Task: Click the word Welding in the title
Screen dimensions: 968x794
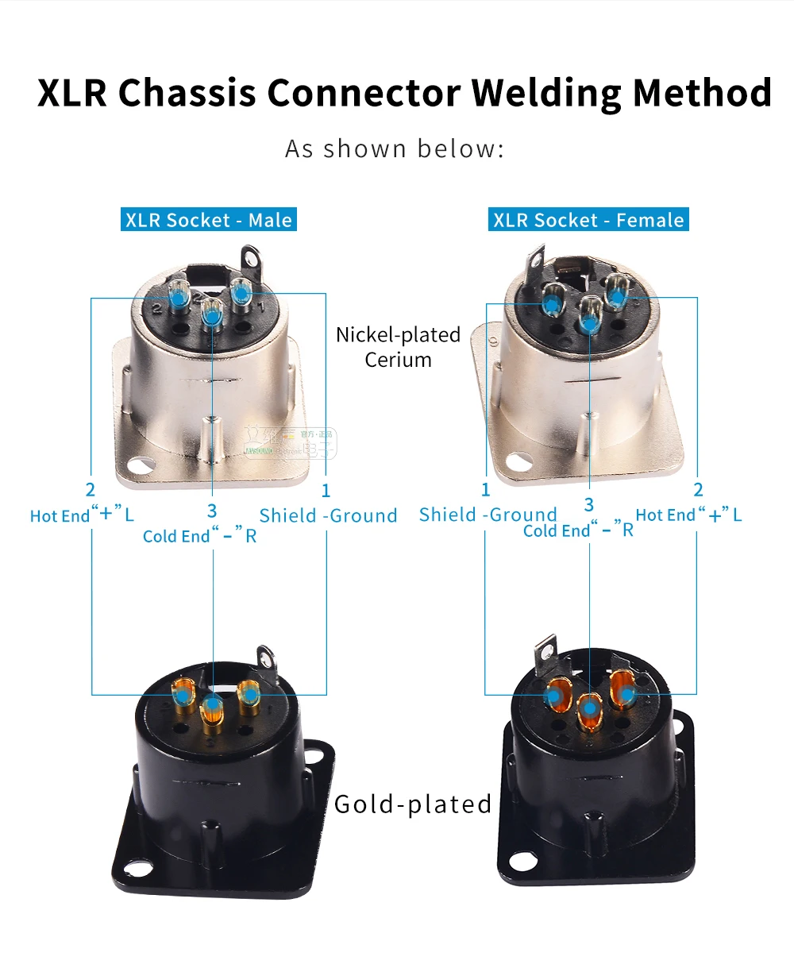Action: click(x=547, y=93)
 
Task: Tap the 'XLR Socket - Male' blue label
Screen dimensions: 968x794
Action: click(x=209, y=220)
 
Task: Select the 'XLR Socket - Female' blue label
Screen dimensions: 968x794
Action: click(x=588, y=220)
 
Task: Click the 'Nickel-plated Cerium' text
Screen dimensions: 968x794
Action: click(x=398, y=347)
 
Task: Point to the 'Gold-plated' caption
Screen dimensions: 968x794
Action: click(x=413, y=804)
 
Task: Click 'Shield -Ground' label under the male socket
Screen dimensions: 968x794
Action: click(x=328, y=515)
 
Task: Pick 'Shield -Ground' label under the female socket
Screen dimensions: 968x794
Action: click(x=488, y=515)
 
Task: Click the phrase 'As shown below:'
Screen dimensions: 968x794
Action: click(x=395, y=149)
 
